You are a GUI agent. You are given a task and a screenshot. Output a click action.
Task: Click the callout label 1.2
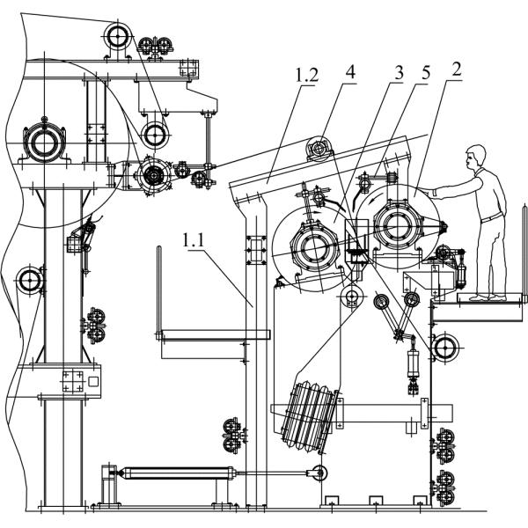pyautogui.click(x=307, y=75)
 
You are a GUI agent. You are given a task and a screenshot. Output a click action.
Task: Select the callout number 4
pyautogui.click(x=350, y=72)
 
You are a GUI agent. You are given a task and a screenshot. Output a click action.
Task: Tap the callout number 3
pyautogui.click(x=399, y=72)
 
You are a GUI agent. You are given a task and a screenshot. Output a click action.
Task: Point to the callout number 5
pyautogui.click(x=426, y=72)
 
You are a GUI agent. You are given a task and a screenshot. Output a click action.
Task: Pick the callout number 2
pyautogui.click(x=456, y=69)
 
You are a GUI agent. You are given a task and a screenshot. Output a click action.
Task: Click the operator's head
pyautogui.click(x=476, y=156)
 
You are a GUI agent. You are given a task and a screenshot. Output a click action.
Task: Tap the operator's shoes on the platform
pyautogui.click(x=488, y=297)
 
